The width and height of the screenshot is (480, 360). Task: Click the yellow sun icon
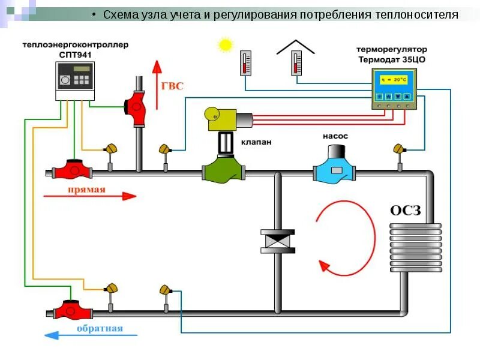click(x=226, y=44)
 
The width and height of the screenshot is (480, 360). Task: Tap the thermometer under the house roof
click(x=296, y=63)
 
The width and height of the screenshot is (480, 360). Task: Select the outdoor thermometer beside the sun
click(x=245, y=63)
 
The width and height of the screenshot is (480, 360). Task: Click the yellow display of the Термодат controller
click(x=394, y=80)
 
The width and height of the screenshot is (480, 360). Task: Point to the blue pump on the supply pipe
click(x=334, y=168)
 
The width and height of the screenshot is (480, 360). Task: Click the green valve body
click(x=223, y=169)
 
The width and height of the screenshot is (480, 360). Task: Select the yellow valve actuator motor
click(x=220, y=118)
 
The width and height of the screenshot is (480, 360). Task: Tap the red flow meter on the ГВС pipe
click(x=136, y=108)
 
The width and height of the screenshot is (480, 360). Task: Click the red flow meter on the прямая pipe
click(x=72, y=170)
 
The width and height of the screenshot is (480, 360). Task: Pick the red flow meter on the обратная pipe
click(x=73, y=310)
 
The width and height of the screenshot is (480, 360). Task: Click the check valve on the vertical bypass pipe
click(x=278, y=242)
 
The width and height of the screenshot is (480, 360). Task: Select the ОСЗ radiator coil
click(x=415, y=247)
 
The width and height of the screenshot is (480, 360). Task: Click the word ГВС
click(x=172, y=86)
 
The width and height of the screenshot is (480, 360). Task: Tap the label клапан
click(x=256, y=142)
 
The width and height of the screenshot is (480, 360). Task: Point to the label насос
click(x=335, y=136)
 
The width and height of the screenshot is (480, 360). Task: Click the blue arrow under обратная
click(x=91, y=335)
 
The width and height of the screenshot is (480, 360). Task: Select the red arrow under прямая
click(x=90, y=196)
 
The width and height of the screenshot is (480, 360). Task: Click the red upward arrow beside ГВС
click(x=157, y=85)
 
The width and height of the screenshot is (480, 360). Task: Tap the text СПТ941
click(x=76, y=55)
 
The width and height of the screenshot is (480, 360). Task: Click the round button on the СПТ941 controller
click(x=65, y=80)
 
